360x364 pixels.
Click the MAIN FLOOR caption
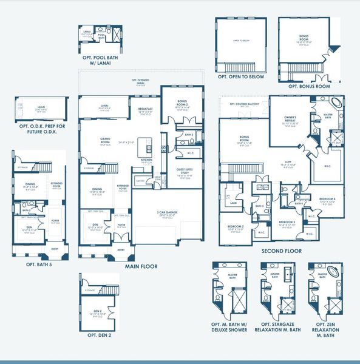pos(141,266)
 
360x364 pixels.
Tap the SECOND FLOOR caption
pos(280,250)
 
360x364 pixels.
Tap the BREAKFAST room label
pos(146,110)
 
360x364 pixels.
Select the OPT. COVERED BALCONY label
pos(245,104)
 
